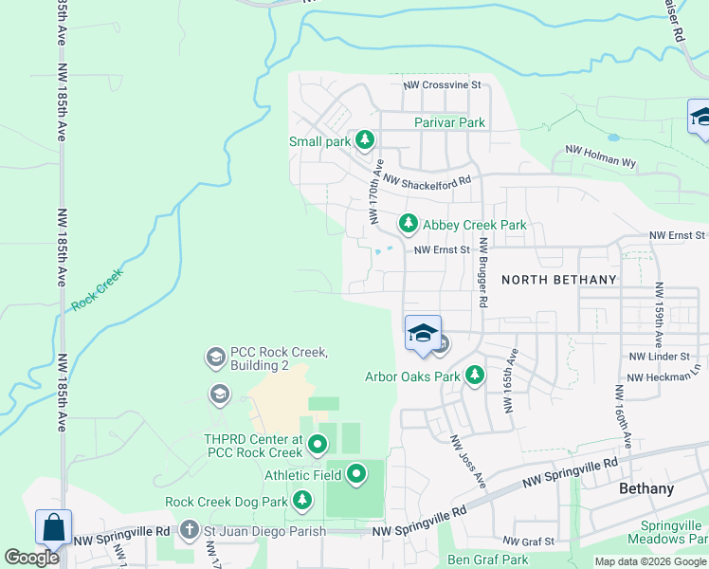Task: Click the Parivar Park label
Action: (x=449, y=122)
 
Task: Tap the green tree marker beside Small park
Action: (x=365, y=141)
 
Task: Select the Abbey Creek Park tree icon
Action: (x=408, y=224)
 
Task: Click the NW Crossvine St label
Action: (x=443, y=85)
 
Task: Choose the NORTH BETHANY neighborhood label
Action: (x=558, y=280)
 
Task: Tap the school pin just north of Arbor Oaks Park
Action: (x=423, y=334)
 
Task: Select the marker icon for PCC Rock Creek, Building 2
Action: (x=215, y=358)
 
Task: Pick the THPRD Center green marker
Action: (x=318, y=443)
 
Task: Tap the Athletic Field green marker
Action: (x=356, y=473)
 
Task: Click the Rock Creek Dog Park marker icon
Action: (x=302, y=499)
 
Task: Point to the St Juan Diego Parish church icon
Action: (x=190, y=529)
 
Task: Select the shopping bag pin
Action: (x=53, y=528)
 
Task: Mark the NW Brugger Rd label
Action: (x=483, y=271)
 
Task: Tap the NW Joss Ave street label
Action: (x=467, y=462)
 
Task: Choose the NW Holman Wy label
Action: (x=600, y=156)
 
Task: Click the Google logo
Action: (x=31, y=558)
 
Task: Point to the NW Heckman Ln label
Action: (x=663, y=376)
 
